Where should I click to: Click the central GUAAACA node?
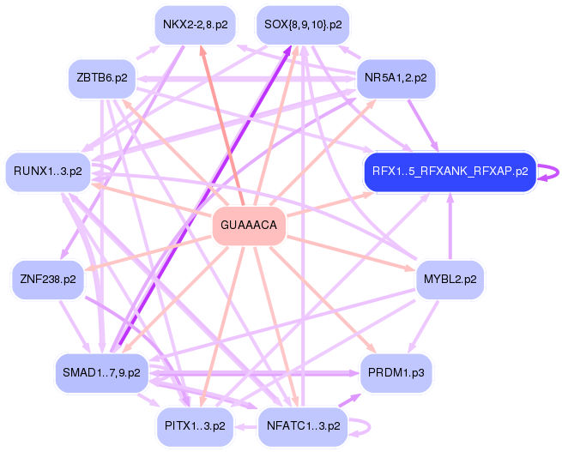[249, 226]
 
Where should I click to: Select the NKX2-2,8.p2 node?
[196, 25]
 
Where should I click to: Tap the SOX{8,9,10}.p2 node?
[303, 25]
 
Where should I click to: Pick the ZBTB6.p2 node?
[102, 78]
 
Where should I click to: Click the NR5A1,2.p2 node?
[396, 78]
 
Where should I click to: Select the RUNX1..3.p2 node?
[48, 172]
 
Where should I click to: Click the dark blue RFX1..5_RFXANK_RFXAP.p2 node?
[450, 172]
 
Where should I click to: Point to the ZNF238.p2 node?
[48, 280]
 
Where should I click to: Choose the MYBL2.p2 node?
[450, 280]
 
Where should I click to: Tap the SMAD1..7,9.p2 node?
[102, 373]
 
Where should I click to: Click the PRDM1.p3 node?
[396, 373]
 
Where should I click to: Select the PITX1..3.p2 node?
[196, 426]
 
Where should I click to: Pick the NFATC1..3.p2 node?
[303, 426]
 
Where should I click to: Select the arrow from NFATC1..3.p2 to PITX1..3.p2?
[246, 426]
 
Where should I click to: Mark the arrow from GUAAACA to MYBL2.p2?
[351, 253]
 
